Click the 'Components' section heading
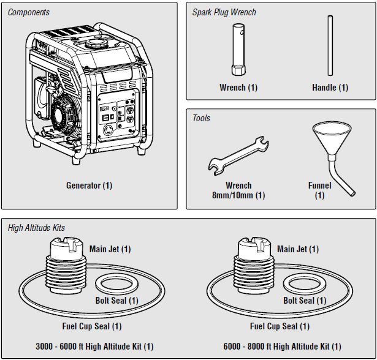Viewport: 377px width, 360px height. [29, 12]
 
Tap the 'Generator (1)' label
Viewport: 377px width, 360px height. [89, 185]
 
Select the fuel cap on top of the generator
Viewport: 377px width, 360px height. [95, 44]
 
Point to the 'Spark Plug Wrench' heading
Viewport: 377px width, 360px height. [224, 12]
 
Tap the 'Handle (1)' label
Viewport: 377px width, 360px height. [330, 88]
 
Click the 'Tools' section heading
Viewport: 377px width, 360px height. [201, 118]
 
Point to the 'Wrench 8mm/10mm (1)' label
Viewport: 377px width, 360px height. [238, 190]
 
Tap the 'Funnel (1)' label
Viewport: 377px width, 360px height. [320, 190]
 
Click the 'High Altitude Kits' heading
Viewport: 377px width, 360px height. [36, 228]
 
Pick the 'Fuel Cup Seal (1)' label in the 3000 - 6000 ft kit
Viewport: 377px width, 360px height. [92, 326]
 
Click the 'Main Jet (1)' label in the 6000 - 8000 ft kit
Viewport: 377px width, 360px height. [298, 249]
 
